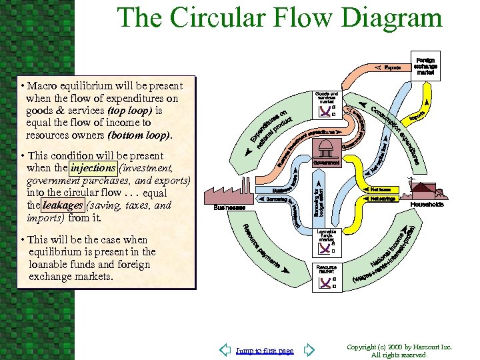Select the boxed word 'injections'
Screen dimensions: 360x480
point(93,168)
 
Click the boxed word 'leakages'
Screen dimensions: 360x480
point(63,206)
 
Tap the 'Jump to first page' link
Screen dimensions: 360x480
point(265,351)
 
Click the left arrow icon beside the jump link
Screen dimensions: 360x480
point(225,350)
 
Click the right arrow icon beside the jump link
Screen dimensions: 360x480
point(309,350)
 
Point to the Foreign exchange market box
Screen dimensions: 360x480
point(425,65)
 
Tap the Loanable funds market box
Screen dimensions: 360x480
point(327,244)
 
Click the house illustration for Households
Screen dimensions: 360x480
point(427,191)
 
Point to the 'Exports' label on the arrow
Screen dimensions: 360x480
point(392,67)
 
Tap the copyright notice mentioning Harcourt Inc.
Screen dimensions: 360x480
point(400,351)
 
